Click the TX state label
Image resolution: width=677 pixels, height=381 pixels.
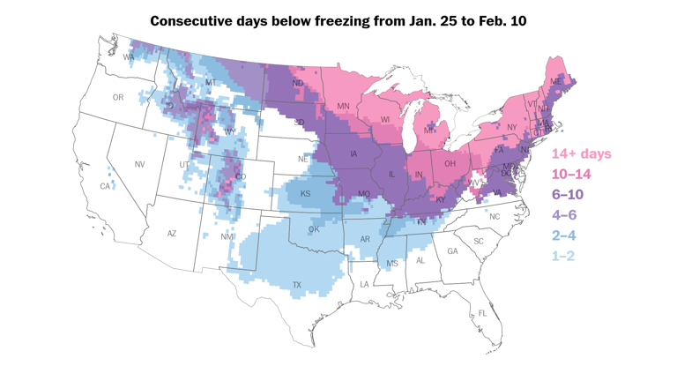pyautogui.click(x=296, y=285)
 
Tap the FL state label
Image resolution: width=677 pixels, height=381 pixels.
pyautogui.click(x=482, y=313)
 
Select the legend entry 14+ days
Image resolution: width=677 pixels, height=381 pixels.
pyautogui.click(x=581, y=154)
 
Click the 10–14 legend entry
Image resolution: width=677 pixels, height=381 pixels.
pyautogui.click(x=571, y=175)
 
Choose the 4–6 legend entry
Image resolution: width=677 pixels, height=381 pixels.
pyautogui.click(x=564, y=215)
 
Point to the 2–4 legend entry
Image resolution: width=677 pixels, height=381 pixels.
pyautogui.click(x=564, y=235)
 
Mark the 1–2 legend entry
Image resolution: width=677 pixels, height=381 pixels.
pyautogui.click(x=563, y=256)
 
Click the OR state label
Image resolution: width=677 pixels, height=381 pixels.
pyautogui.click(x=118, y=98)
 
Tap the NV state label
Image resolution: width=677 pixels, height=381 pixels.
pyautogui.click(x=139, y=165)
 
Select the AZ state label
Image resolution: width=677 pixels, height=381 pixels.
pyautogui.click(x=172, y=234)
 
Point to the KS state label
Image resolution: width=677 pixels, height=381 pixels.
pyautogui.click(x=305, y=194)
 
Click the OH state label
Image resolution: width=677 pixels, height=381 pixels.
pyautogui.click(x=450, y=164)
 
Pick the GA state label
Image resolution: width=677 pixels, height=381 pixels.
pyautogui.click(x=452, y=251)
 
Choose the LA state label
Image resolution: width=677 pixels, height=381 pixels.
pyautogui.click(x=364, y=284)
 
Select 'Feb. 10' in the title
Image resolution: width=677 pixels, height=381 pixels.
pyautogui.click(x=499, y=20)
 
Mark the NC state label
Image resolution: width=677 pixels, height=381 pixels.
pyautogui.click(x=494, y=217)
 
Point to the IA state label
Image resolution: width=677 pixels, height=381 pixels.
pyautogui.click(x=353, y=154)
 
